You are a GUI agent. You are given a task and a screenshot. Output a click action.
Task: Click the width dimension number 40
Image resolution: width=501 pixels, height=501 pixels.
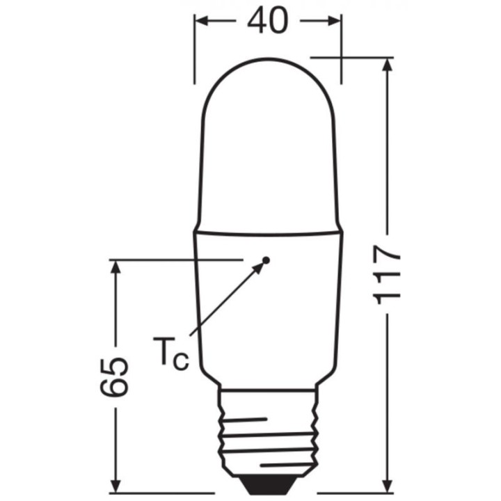267,21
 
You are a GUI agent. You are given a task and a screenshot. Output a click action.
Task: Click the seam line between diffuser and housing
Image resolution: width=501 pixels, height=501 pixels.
268,232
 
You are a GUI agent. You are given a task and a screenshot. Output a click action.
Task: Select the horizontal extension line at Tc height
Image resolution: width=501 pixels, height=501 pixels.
174,260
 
